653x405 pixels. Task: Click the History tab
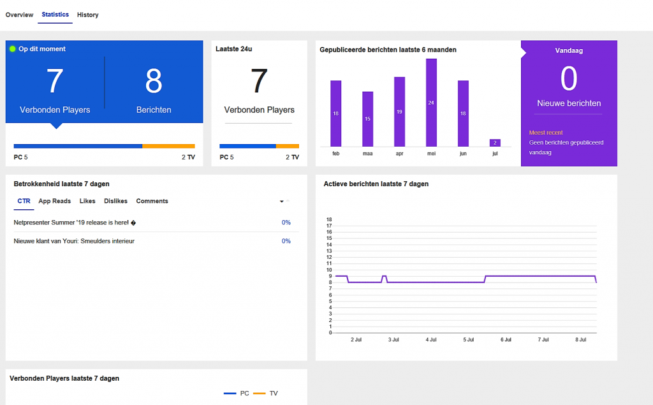click(x=87, y=15)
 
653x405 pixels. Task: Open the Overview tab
click(x=19, y=15)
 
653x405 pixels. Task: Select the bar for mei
click(x=431, y=102)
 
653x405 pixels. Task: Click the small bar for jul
click(x=495, y=143)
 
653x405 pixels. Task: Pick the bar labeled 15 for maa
click(x=367, y=119)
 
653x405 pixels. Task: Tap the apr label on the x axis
click(x=399, y=154)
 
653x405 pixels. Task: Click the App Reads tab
click(x=54, y=201)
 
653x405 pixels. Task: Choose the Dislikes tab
click(x=115, y=201)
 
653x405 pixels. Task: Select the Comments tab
click(x=152, y=201)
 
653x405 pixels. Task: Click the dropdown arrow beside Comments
click(x=282, y=202)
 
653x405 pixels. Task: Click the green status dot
click(x=13, y=49)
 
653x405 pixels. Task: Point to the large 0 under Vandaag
click(x=568, y=80)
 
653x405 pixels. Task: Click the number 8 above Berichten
click(x=154, y=81)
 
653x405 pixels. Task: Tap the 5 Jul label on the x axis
click(x=469, y=339)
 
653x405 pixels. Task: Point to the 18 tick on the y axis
click(x=329, y=219)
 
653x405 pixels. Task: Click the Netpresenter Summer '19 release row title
click(x=75, y=223)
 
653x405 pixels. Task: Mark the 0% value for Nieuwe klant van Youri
click(x=286, y=241)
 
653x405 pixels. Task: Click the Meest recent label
click(x=546, y=133)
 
